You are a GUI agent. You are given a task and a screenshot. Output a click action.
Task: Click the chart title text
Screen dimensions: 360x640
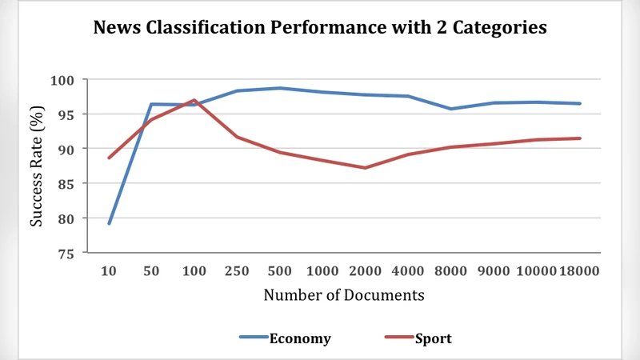[320, 29]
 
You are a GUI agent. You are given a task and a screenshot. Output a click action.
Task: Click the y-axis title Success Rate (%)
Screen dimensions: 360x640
[37, 166]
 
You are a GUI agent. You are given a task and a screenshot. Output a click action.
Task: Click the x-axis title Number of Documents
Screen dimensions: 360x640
[344, 295]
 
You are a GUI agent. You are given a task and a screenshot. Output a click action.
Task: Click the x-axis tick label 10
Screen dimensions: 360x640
[109, 271]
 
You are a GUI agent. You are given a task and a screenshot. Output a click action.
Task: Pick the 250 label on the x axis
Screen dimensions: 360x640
[237, 271]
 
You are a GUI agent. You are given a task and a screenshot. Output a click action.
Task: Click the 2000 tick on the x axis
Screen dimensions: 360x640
[365, 271]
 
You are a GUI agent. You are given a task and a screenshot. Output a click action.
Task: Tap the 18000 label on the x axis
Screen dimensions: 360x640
[579, 271]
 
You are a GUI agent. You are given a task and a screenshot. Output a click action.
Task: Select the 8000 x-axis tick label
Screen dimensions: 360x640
[450, 271]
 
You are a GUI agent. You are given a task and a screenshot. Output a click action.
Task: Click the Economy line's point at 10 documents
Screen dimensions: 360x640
[109, 223]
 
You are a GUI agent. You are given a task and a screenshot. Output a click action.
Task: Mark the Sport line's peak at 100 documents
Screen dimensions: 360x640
[194, 100]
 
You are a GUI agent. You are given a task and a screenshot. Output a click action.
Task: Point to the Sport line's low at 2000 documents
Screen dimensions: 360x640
[365, 168]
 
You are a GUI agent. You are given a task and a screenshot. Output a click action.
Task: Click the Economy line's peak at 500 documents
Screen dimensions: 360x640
[280, 88]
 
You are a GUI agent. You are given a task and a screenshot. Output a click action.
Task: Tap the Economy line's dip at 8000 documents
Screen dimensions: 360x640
[450, 109]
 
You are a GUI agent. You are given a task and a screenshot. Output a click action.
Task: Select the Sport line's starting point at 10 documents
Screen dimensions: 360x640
[109, 158]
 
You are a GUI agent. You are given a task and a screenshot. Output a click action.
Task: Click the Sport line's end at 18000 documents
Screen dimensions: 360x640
[579, 138]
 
